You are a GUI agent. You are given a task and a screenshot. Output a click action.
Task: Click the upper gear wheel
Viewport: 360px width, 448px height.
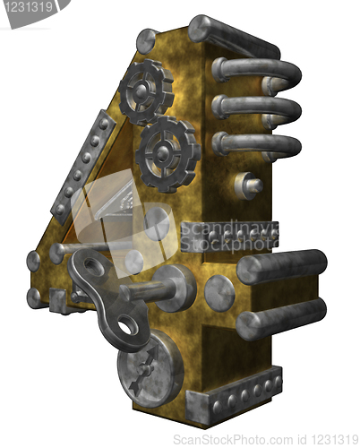click(146, 90)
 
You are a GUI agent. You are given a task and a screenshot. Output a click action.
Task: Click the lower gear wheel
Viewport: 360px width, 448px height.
click(167, 153)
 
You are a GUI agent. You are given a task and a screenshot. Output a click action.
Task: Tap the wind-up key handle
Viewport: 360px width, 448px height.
click(107, 298)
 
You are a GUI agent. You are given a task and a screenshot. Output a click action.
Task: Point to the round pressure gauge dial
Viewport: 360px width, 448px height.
click(150, 369)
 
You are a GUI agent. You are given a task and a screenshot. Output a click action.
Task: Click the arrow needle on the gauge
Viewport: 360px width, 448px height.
click(146, 369)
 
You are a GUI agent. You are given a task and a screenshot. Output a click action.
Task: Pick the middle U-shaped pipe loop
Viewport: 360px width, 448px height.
click(257, 110)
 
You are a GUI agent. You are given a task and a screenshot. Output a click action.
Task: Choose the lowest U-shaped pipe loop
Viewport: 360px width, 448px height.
click(257, 146)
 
